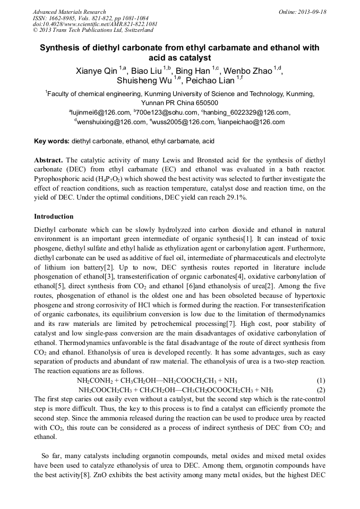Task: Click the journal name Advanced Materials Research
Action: point(69,12)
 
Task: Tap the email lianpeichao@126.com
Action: point(252,122)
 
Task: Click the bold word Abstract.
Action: point(49,160)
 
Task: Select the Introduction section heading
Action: point(54,217)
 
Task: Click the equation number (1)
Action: point(321,381)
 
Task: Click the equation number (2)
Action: point(321,390)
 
